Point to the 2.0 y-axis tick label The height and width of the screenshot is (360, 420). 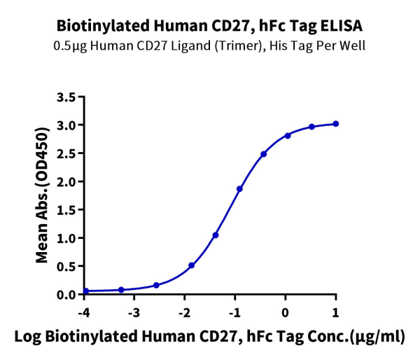pos(66,181)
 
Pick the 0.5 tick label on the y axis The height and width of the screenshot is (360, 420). pos(66,266)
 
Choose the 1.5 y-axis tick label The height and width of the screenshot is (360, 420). pos(66,209)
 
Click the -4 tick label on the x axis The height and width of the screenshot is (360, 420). pos(83,311)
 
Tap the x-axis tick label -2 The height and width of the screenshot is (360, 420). pos(184,311)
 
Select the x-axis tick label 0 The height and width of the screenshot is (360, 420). pos(286,311)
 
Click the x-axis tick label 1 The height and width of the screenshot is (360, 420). pos(336,311)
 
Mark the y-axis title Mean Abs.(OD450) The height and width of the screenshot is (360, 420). pos(43,195)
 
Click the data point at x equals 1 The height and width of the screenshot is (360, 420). pos(336,124)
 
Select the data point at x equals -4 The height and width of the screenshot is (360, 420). pos(85,291)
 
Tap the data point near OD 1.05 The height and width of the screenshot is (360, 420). pos(216,235)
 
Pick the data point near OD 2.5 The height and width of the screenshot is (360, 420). pos(263,154)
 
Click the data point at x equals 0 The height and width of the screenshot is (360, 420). pos(288,135)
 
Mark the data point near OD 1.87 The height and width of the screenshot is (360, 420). pos(239,188)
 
